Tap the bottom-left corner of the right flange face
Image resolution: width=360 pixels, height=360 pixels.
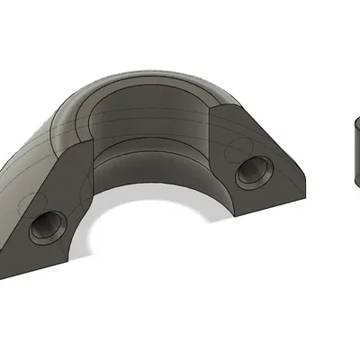pos(236,219)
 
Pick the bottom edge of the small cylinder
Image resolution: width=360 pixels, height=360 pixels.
pos(355,184)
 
